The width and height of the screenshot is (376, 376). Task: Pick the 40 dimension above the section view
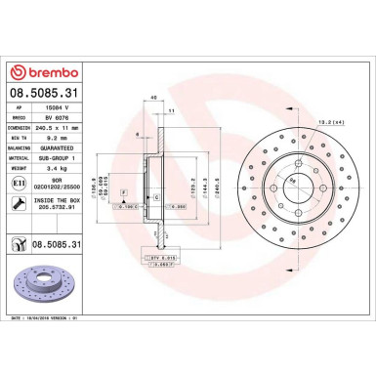click(153, 97)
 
